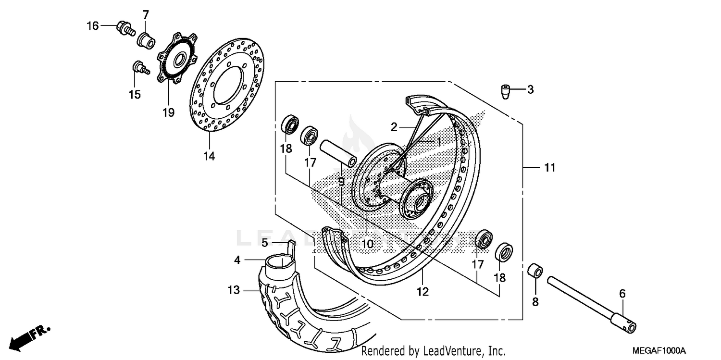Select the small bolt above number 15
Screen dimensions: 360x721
(x=139, y=67)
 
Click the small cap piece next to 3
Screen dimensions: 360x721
(x=505, y=91)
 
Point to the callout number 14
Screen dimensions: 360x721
(x=209, y=156)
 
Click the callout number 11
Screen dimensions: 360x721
(x=549, y=168)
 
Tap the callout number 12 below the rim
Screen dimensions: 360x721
(x=423, y=291)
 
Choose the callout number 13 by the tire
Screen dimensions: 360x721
(x=233, y=290)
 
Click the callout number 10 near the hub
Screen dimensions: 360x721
(x=367, y=244)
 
